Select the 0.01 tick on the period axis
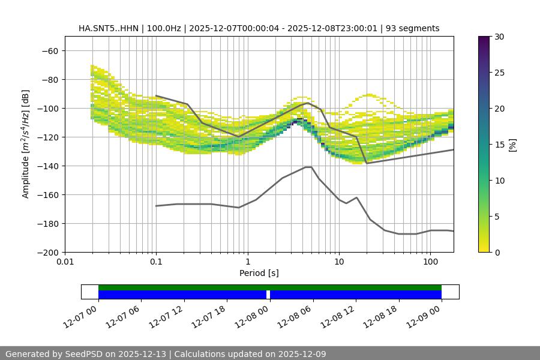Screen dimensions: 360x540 (65, 262)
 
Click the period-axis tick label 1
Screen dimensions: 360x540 (247, 262)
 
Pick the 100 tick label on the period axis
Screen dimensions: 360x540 (430, 262)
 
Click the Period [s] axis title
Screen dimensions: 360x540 (259, 273)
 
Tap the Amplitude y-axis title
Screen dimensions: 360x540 (26, 144)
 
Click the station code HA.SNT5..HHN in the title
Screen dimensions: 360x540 (108, 28)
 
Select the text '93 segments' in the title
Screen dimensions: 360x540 (413, 28)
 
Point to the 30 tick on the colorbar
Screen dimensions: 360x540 (499, 37)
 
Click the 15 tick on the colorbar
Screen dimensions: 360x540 (499, 145)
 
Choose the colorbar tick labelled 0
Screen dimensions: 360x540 (497, 253)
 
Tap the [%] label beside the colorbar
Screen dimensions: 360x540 (512, 144)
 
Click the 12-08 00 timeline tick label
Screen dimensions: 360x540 (254, 315)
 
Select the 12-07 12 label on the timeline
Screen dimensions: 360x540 (169, 315)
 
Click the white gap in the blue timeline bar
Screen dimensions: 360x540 (268, 295)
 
